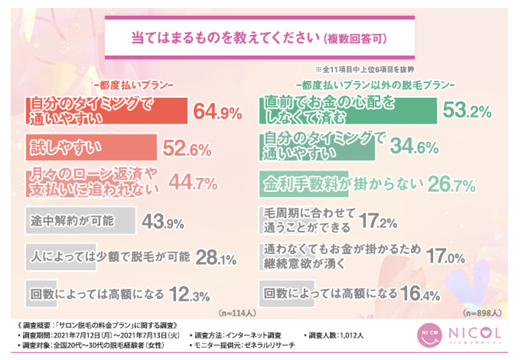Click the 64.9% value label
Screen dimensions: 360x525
point(217,111)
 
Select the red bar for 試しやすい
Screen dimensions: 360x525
point(92,147)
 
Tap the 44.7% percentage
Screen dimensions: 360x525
point(193,183)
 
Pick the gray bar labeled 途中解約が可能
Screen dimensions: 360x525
point(81,221)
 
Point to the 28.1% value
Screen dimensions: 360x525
point(216,258)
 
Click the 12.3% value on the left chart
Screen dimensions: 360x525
point(189,295)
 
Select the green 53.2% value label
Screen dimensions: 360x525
point(467,110)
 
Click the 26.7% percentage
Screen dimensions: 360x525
point(451,185)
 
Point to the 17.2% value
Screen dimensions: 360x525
point(378,221)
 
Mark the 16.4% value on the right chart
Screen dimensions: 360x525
point(420,294)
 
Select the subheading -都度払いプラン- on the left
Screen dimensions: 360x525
point(134,85)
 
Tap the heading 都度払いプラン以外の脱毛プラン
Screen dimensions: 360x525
point(375,85)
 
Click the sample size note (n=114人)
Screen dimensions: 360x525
point(237,313)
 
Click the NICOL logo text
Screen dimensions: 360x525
point(474,333)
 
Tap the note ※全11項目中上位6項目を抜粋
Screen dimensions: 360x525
point(364,70)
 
